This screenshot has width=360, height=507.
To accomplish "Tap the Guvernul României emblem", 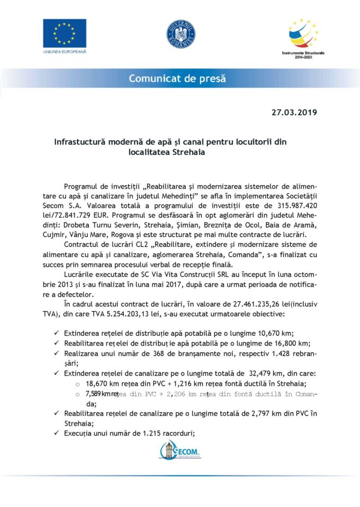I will pos(180,34).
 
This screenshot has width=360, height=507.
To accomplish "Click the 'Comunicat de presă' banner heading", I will pos(177,79).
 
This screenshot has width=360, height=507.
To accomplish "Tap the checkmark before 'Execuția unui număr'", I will pos(57,434).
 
